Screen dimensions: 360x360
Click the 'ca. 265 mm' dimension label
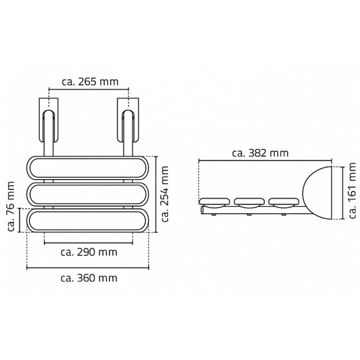pyautogui.click(x=90, y=82)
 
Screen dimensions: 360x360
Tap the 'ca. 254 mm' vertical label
pyautogui.click(x=165, y=194)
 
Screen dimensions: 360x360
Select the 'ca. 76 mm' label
pyautogui.click(x=11, y=206)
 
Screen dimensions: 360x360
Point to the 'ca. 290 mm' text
pyautogui.click(x=89, y=252)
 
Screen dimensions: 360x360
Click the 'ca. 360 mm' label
pyautogui.click(x=89, y=278)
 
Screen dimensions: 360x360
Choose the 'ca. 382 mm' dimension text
pyautogui.click(x=260, y=153)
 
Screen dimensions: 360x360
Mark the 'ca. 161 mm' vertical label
pyautogui.click(x=352, y=191)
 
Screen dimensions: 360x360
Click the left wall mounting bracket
pyautogui.click(x=48, y=120)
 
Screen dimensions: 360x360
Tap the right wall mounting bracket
pyautogui.click(x=128, y=120)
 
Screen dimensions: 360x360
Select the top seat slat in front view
pyautogui.click(x=88, y=168)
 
